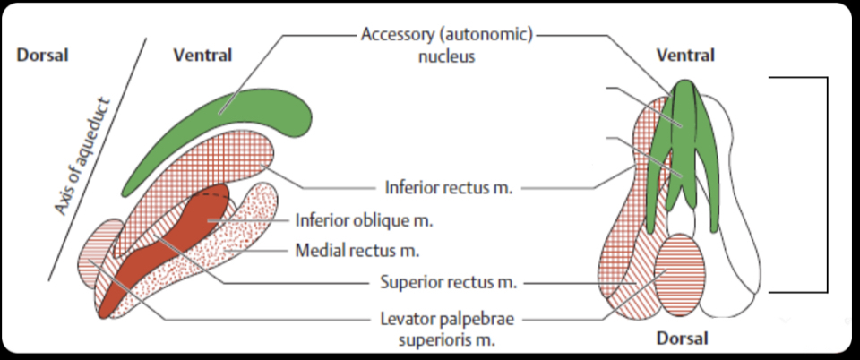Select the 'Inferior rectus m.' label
pos(443,189)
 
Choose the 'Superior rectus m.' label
pos(444,282)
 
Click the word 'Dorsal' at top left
pos(41,55)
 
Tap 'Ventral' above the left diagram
pos(202,55)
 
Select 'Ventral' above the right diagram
pos(685,55)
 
